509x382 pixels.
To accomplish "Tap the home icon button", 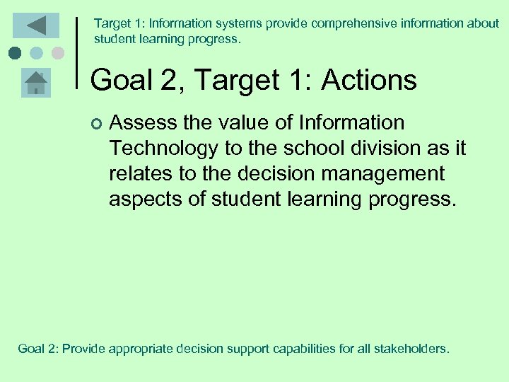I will click(x=35, y=83).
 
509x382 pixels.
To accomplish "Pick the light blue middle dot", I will click(x=37, y=53).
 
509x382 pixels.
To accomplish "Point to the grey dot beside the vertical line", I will click(x=58, y=53).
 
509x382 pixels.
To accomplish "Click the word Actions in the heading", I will click(x=369, y=80).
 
